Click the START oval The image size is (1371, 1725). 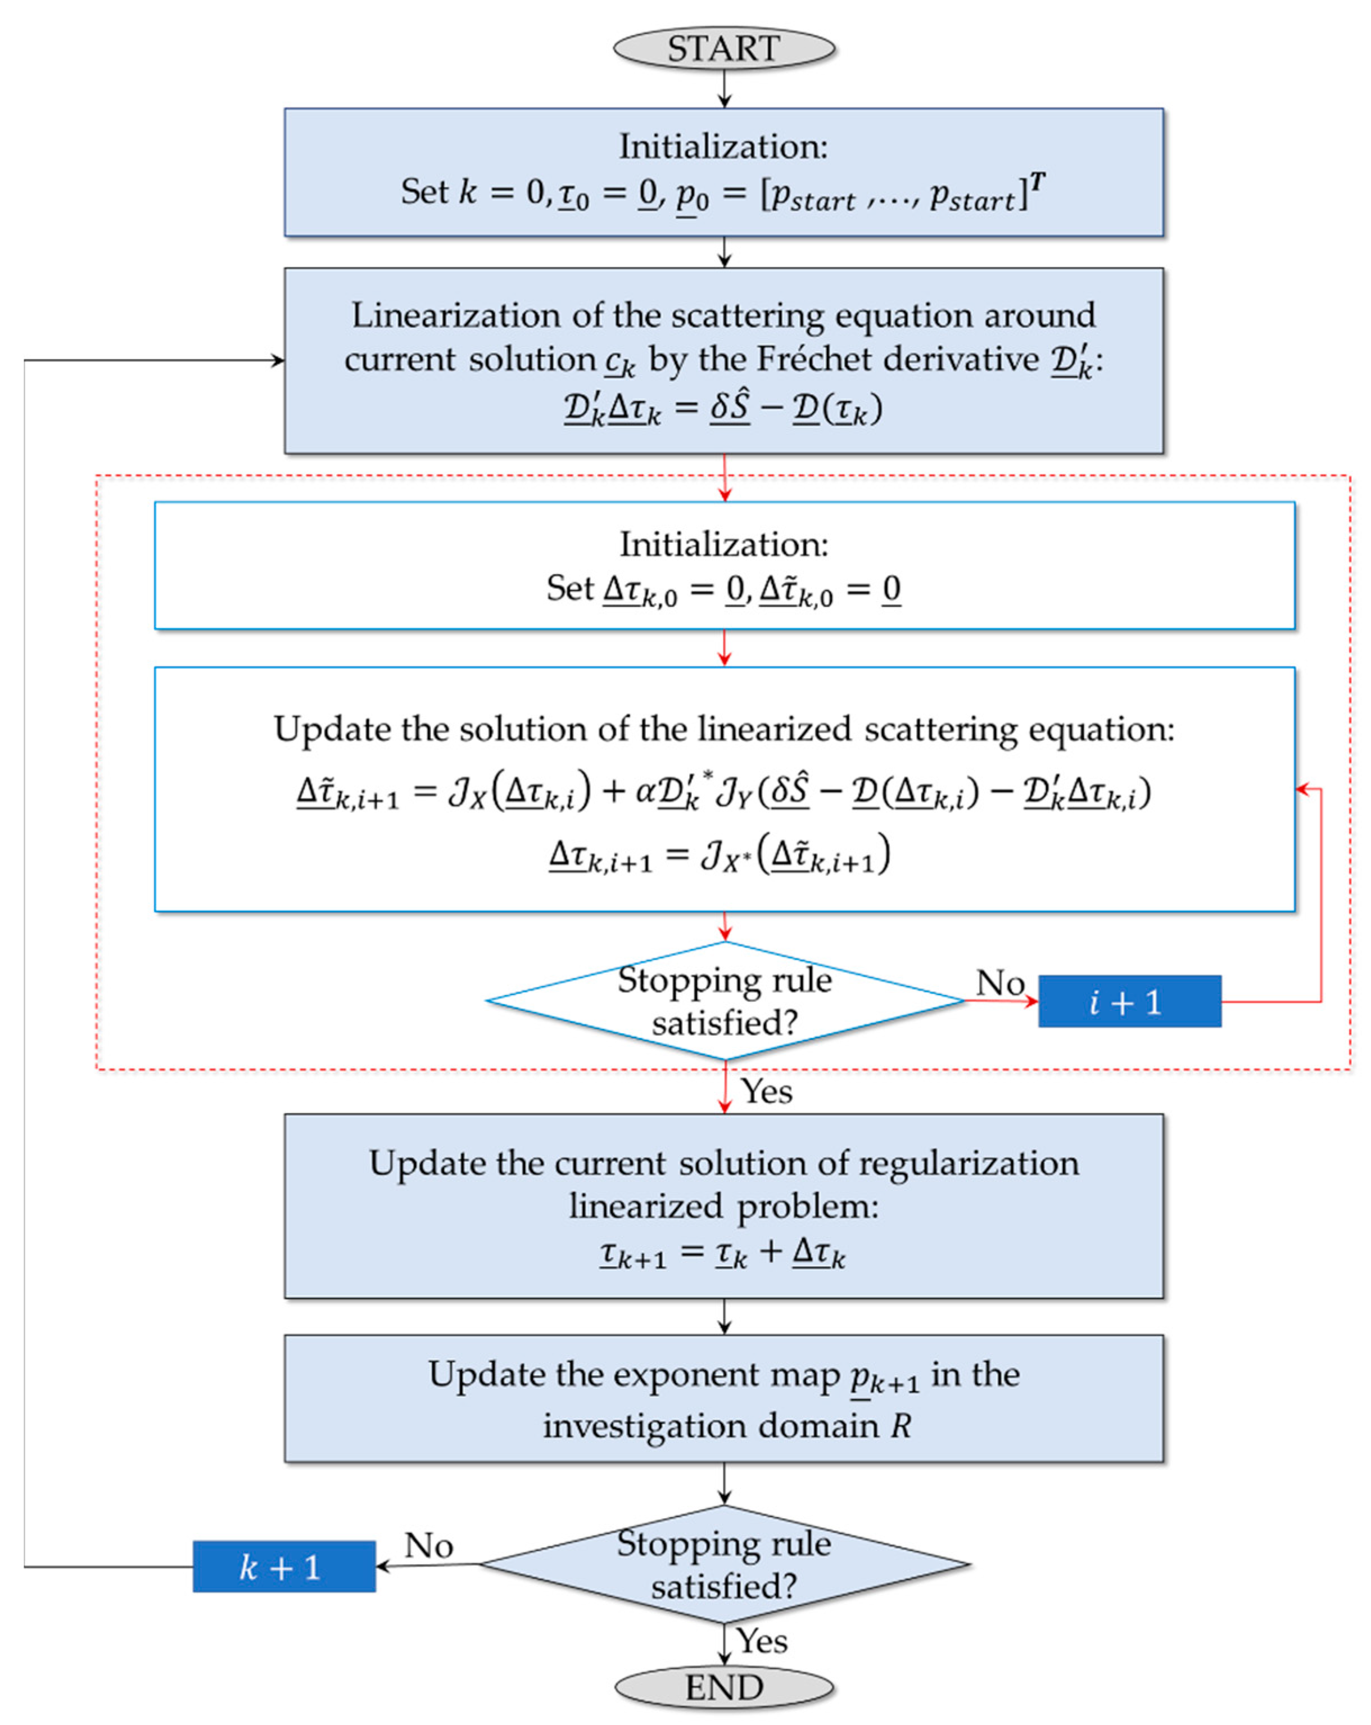724,48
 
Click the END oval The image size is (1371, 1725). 724,1687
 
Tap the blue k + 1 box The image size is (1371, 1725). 283,1566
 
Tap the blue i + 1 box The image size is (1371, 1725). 1129,1001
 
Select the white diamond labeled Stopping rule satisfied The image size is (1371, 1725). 724,1001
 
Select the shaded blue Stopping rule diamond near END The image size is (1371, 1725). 724,1564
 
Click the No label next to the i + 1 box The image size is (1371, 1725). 1000,982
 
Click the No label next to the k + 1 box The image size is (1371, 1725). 429,1545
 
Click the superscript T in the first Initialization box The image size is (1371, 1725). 1038,182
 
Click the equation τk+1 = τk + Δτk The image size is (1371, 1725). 722,1253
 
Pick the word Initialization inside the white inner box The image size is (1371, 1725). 724,544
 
